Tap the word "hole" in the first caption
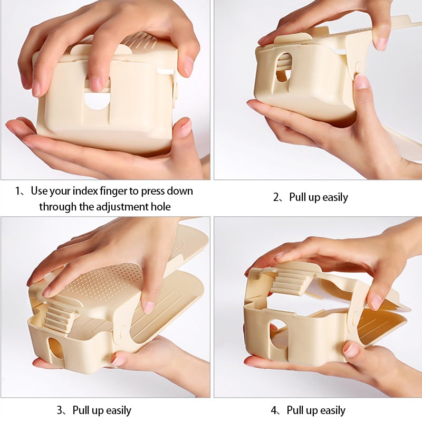[x=161, y=207]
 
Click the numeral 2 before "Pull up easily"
[x=276, y=197]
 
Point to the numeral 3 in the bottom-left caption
[x=60, y=410]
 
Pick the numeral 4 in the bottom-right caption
[x=274, y=410]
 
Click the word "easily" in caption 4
[x=332, y=411]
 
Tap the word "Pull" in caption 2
[x=298, y=197]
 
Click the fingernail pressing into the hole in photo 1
[x=96, y=84]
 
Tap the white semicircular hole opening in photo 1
[x=96, y=101]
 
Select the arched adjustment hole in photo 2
[x=284, y=68]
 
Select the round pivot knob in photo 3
[x=124, y=331]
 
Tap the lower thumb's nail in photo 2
[x=362, y=82]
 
